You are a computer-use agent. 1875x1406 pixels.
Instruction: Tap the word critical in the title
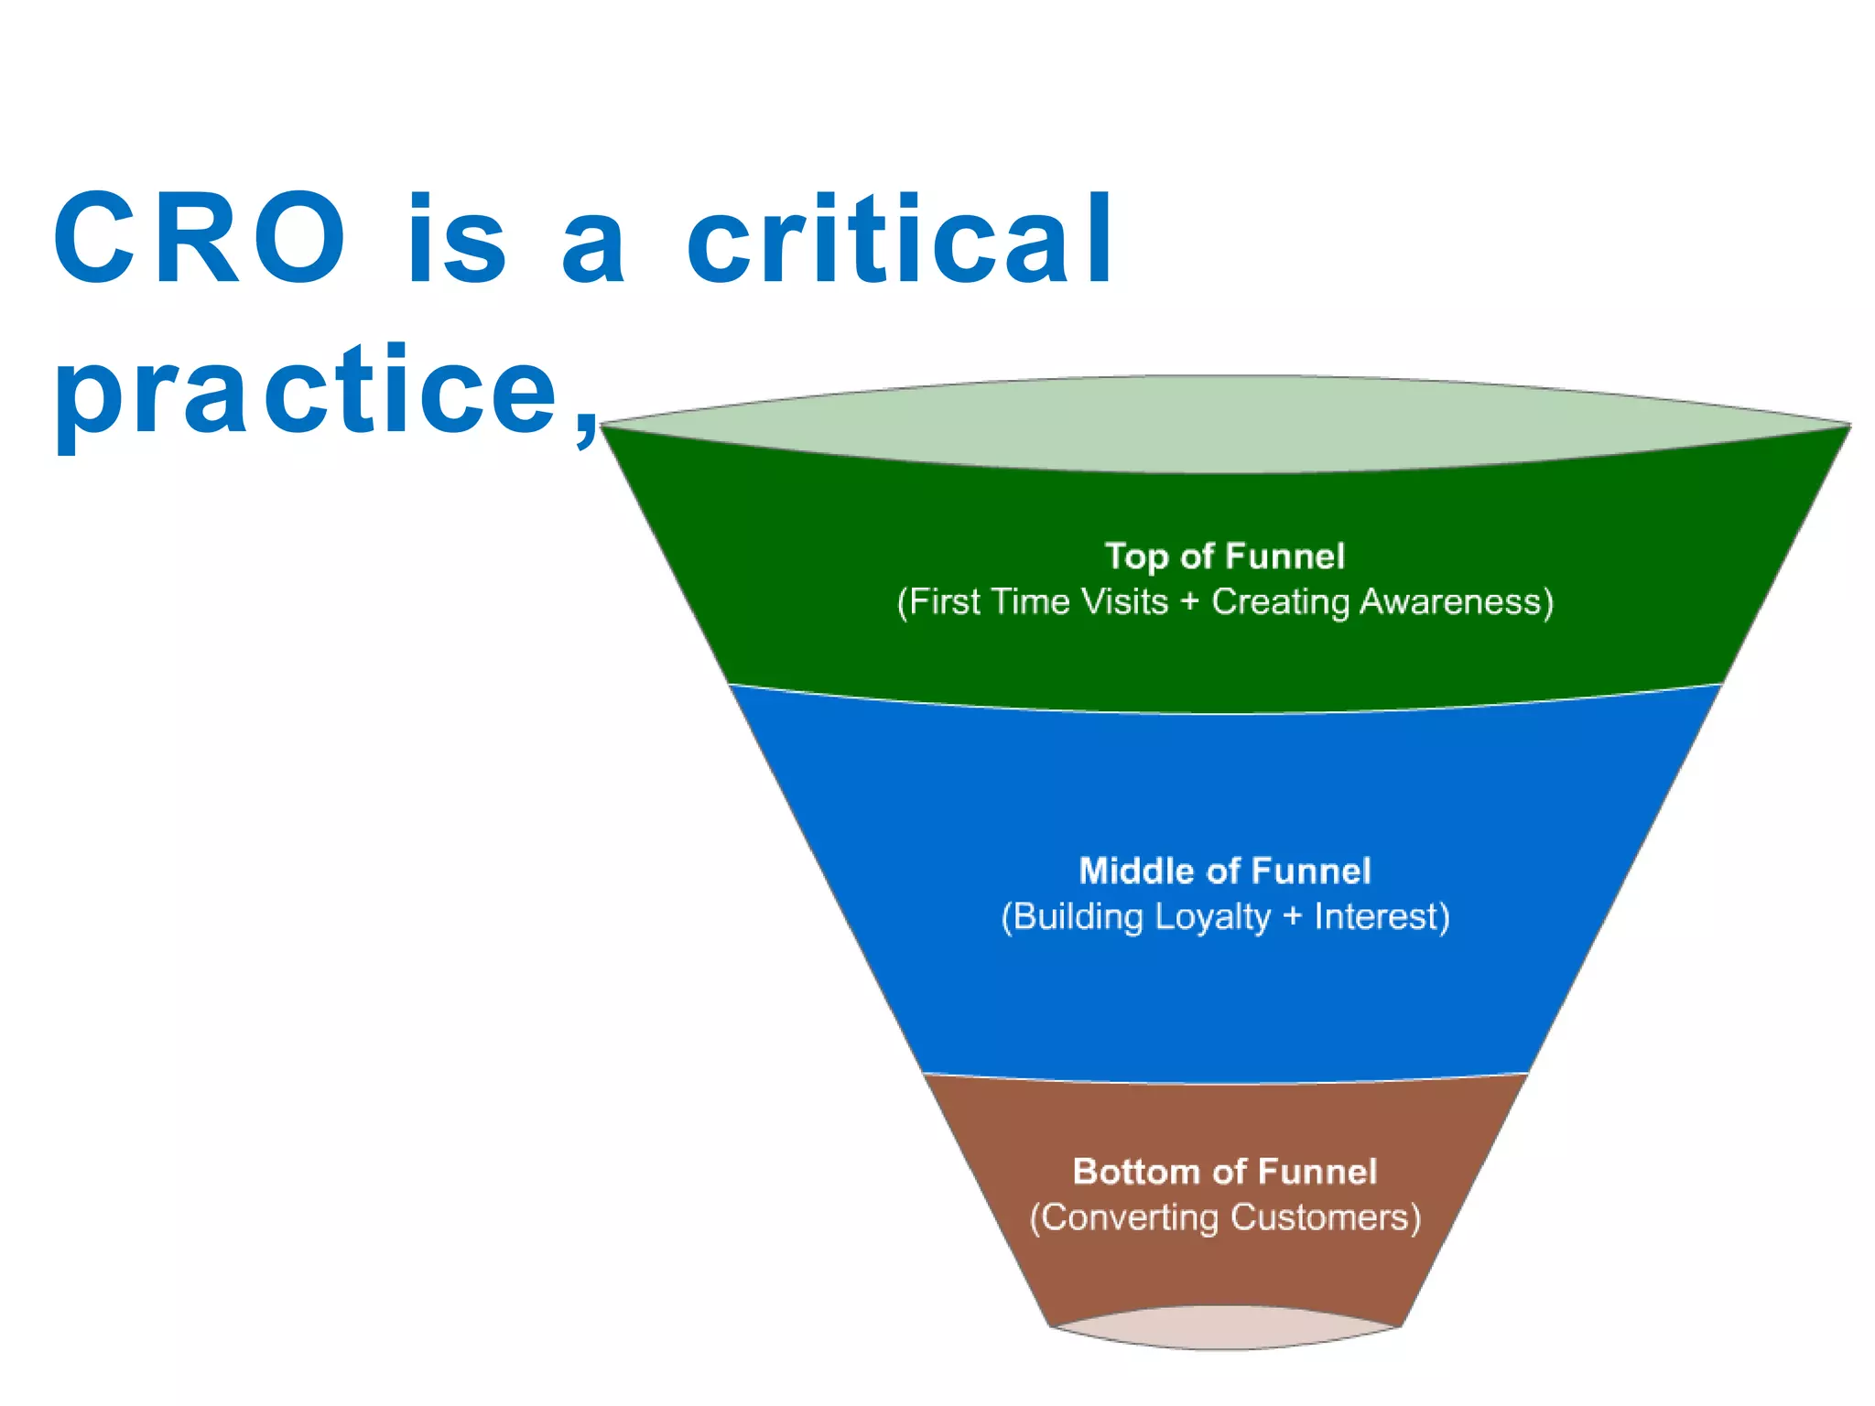pos(900,240)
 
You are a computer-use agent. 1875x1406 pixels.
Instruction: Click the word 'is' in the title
pos(456,240)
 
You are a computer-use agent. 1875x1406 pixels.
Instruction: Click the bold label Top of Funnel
pos(1225,557)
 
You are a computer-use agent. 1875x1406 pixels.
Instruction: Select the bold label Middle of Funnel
pos(1225,871)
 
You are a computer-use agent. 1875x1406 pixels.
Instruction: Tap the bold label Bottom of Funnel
pos(1225,1172)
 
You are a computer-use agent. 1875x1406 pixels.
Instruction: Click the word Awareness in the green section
pos(1456,602)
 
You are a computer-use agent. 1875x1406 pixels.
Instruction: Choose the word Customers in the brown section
pos(1325,1217)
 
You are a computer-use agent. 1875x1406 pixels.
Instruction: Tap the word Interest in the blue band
pos(1381,917)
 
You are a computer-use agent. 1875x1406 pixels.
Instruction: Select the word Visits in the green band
pos(1124,602)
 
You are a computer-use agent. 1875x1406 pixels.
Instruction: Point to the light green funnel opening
pos(1225,423)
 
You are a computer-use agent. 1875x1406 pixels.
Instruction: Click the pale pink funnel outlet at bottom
pos(1225,1329)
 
